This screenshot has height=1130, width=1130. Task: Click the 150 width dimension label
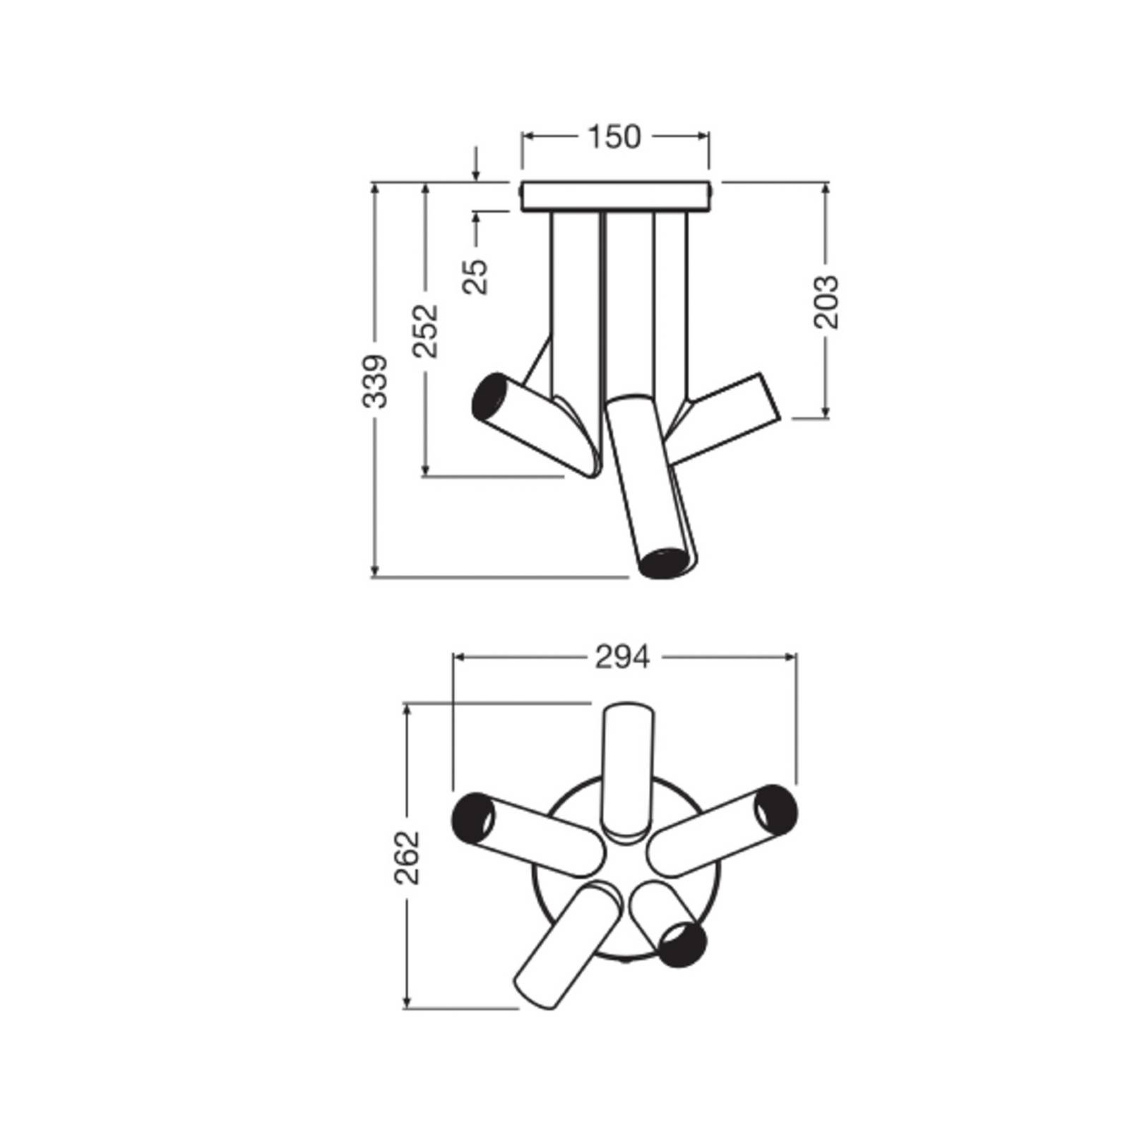click(x=614, y=137)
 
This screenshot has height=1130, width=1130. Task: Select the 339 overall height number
click(x=375, y=381)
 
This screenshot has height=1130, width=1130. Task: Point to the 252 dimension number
click(x=426, y=331)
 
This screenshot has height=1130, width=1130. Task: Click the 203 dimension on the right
click(x=826, y=302)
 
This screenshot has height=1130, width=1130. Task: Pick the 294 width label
click(x=622, y=658)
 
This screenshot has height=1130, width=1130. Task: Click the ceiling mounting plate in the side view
click(x=615, y=196)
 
